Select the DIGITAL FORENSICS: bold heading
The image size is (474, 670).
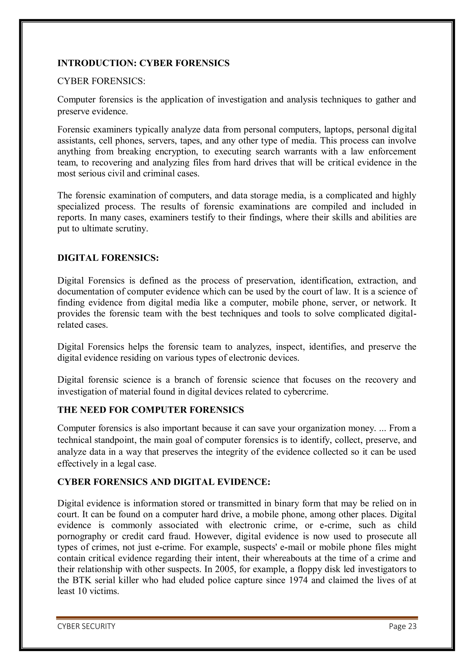108,258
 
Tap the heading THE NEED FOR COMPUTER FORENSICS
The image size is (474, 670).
150,410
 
